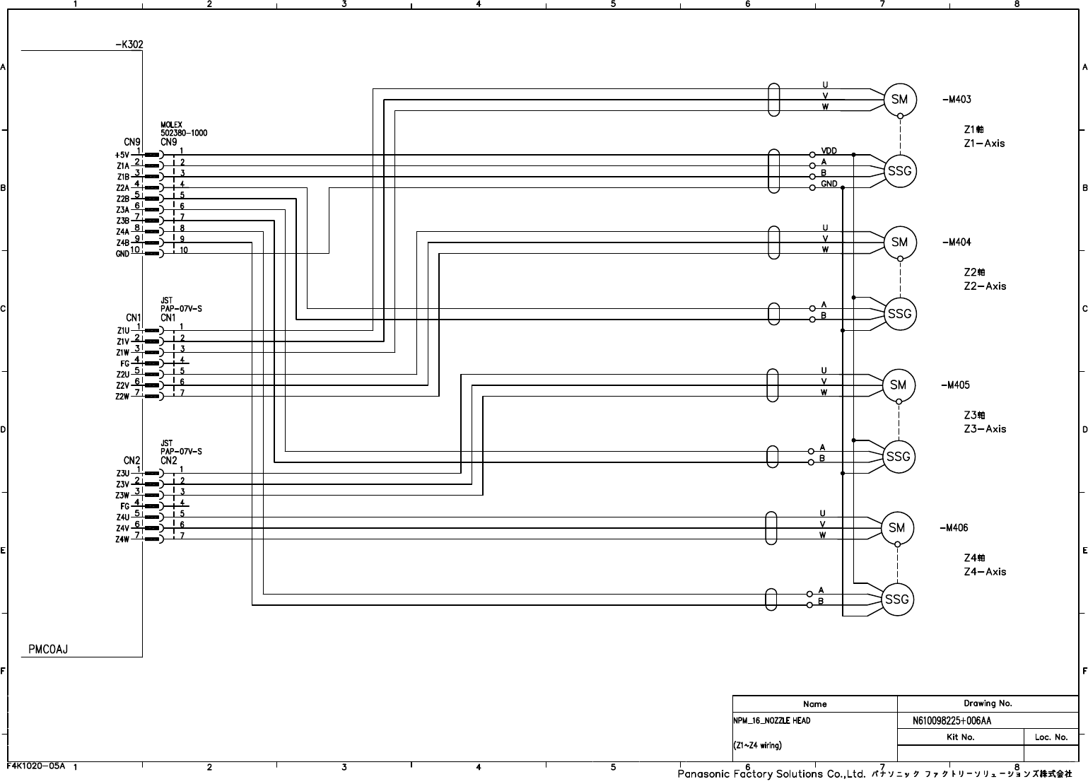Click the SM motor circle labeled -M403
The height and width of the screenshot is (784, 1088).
point(899,100)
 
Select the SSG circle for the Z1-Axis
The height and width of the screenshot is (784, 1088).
point(899,171)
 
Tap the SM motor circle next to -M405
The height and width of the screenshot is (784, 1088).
point(899,385)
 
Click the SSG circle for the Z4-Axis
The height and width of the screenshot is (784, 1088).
point(896,599)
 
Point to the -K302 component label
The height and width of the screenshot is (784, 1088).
point(129,45)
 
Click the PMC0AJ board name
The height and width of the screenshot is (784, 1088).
point(48,649)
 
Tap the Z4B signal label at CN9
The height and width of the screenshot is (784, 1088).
point(122,243)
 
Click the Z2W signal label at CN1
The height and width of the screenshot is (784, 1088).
point(122,397)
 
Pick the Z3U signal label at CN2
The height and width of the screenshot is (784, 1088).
point(122,473)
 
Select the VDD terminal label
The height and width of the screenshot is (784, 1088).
point(829,151)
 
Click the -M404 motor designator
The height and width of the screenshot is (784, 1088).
point(957,242)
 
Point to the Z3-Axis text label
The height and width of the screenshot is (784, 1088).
point(984,429)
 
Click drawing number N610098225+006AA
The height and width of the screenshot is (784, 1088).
point(952,721)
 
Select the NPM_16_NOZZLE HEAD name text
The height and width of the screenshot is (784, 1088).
point(772,721)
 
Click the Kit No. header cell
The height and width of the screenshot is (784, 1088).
point(960,737)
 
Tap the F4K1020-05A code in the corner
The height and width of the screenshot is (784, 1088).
point(35,766)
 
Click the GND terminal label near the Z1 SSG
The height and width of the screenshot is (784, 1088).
point(829,184)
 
